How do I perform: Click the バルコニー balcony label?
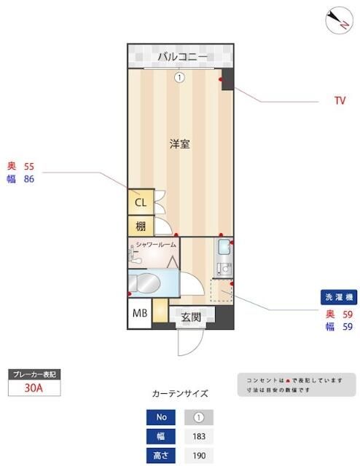180,57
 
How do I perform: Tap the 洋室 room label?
180,143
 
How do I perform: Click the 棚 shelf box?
140,226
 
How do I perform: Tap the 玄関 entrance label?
191,317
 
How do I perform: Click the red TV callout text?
340,101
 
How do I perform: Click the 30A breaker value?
34,388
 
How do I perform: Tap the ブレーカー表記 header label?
34,374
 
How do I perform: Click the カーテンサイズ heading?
179,394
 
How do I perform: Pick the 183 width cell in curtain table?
198,437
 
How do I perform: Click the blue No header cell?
161,418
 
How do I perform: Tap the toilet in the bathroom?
148,282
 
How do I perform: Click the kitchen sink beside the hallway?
223,253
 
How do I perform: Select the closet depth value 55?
30,166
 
